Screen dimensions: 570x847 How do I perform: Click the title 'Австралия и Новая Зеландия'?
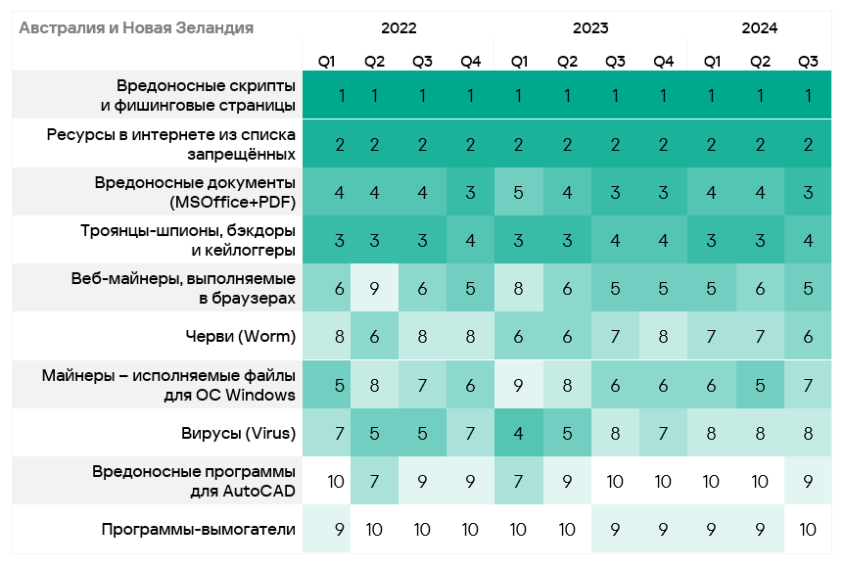[136, 28]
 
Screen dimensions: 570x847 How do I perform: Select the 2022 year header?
[399, 28]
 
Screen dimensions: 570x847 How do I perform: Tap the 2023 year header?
[590, 28]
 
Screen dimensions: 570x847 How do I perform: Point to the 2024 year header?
[759, 28]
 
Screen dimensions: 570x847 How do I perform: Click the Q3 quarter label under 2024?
[808, 62]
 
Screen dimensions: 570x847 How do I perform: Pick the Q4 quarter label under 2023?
[663, 62]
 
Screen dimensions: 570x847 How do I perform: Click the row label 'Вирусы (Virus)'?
[235, 433]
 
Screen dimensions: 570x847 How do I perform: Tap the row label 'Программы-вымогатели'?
[199, 529]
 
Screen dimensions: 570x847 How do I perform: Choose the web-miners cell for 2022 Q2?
[374, 289]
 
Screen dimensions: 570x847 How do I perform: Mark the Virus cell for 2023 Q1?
[519, 433]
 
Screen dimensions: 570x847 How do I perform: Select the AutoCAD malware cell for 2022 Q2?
[374, 481]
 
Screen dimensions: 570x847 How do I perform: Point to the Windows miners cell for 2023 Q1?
[519, 385]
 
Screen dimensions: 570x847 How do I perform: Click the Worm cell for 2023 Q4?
[663, 337]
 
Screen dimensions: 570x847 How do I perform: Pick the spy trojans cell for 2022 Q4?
[470, 241]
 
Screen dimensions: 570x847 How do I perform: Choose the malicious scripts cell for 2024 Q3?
[808, 96]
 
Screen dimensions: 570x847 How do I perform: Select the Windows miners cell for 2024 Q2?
[760, 385]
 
